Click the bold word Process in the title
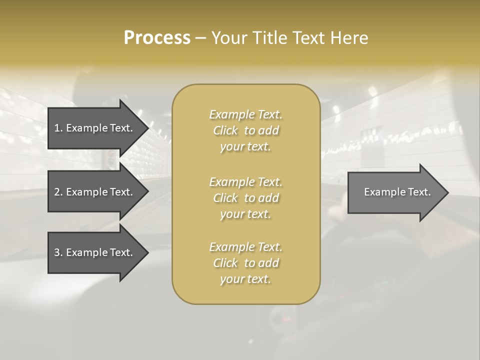click(157, 38)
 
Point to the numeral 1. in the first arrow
click(58, 128)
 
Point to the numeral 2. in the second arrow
click(58, 192)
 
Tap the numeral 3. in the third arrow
click(58, 252)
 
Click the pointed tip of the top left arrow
click(146, 128)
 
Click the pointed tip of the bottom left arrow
click(146, 252)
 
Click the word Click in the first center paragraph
click(225, 131)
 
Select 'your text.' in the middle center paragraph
click(245, 214)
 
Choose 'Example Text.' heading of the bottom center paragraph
click(245, 247)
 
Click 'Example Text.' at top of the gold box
click(245, 114)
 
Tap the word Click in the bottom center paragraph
click(225, 263)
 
